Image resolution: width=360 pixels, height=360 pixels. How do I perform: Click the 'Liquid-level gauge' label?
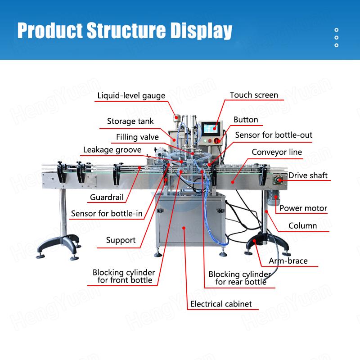click(x=131, y=96)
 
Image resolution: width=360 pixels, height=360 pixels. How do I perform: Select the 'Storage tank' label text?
click(x=130, y=121)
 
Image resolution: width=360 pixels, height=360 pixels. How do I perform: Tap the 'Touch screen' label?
click(x=254, y=95)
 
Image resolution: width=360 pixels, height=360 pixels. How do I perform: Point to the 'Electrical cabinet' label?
click(x=221, y=304)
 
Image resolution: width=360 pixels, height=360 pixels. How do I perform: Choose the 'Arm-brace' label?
click(x=288, y=261)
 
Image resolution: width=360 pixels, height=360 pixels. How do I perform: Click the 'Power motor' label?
click(x=303, y=208)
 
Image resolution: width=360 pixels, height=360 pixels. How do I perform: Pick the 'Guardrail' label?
click(x=107, y=197)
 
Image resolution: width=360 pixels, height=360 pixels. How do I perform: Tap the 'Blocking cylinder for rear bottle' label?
click(x=239, y=278)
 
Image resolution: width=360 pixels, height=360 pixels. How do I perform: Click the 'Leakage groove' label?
click(x=112, y=150)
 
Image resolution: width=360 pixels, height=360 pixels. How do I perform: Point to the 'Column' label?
click(x=302, y=226)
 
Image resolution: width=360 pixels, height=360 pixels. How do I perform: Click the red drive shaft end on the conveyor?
click(x=280, y=180)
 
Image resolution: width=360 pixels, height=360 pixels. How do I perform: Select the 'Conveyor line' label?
click(x=277, y=152)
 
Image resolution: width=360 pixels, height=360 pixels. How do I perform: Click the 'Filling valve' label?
click(x=137, y=137)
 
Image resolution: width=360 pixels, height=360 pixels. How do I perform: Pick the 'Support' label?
click(x=121, y=240)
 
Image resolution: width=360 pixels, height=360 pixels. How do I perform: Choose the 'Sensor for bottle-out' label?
click(x=274, y=135)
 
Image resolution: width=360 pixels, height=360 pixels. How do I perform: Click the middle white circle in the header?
click(x=336, y=37)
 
